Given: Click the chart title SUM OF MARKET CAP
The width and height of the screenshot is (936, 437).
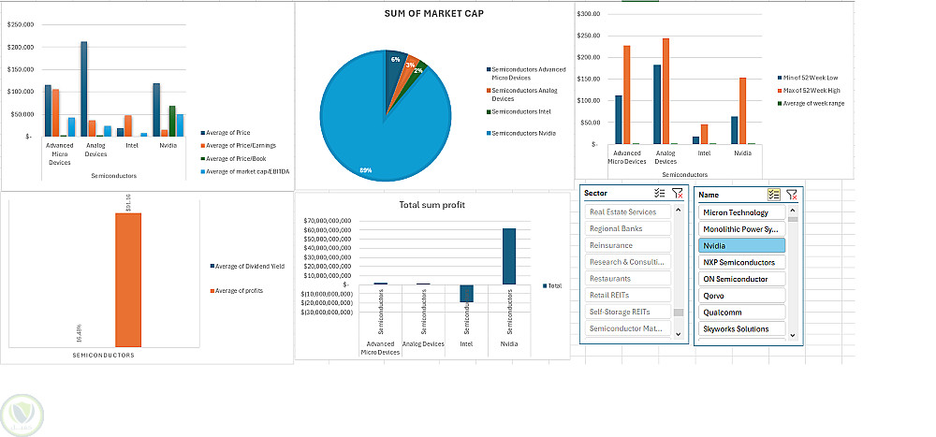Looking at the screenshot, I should tap(433, 14).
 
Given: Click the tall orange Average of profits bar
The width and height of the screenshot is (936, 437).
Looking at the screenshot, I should tap(128, 281).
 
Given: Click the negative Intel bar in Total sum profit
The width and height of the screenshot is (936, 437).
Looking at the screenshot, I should tap(467, 294).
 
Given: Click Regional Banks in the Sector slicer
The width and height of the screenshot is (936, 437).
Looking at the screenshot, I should tap(628, 228).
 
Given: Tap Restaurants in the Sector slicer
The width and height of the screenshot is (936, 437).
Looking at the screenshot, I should tap(628, 279).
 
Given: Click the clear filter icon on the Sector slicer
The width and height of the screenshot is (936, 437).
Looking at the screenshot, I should tap(678, 193).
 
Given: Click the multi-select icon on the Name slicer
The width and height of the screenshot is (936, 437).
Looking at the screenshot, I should tap(773, 194).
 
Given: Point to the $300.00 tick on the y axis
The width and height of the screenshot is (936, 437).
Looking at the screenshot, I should tap(589, 14).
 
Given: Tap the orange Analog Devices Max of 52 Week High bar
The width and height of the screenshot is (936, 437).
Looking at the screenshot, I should tap(665, 92).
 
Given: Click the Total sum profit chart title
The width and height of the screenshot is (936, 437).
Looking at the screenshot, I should tap(431, 204).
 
